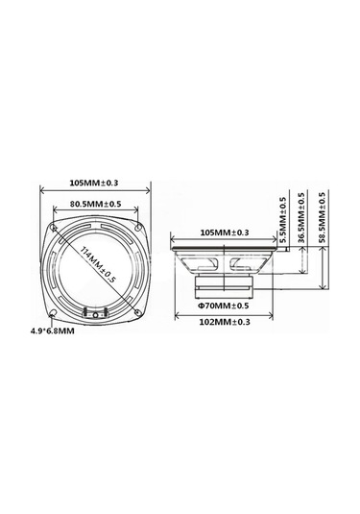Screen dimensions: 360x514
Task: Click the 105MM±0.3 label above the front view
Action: click(94, 183)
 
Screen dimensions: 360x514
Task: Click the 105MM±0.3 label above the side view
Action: click(225, 233)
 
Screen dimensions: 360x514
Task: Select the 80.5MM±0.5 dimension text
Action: click(95, 204)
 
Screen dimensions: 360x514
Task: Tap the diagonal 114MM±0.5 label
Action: click(98, 264)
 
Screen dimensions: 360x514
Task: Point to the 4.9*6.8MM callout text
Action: click(53, 331)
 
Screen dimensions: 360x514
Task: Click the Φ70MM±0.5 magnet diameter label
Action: click(224, 306)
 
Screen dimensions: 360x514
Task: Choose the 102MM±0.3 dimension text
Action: click(225, 322)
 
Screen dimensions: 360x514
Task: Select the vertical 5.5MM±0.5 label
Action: click(283, 219)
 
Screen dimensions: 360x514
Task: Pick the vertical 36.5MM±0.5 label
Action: click(301, 217)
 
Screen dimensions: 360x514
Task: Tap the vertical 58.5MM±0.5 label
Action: click(323, 217)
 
